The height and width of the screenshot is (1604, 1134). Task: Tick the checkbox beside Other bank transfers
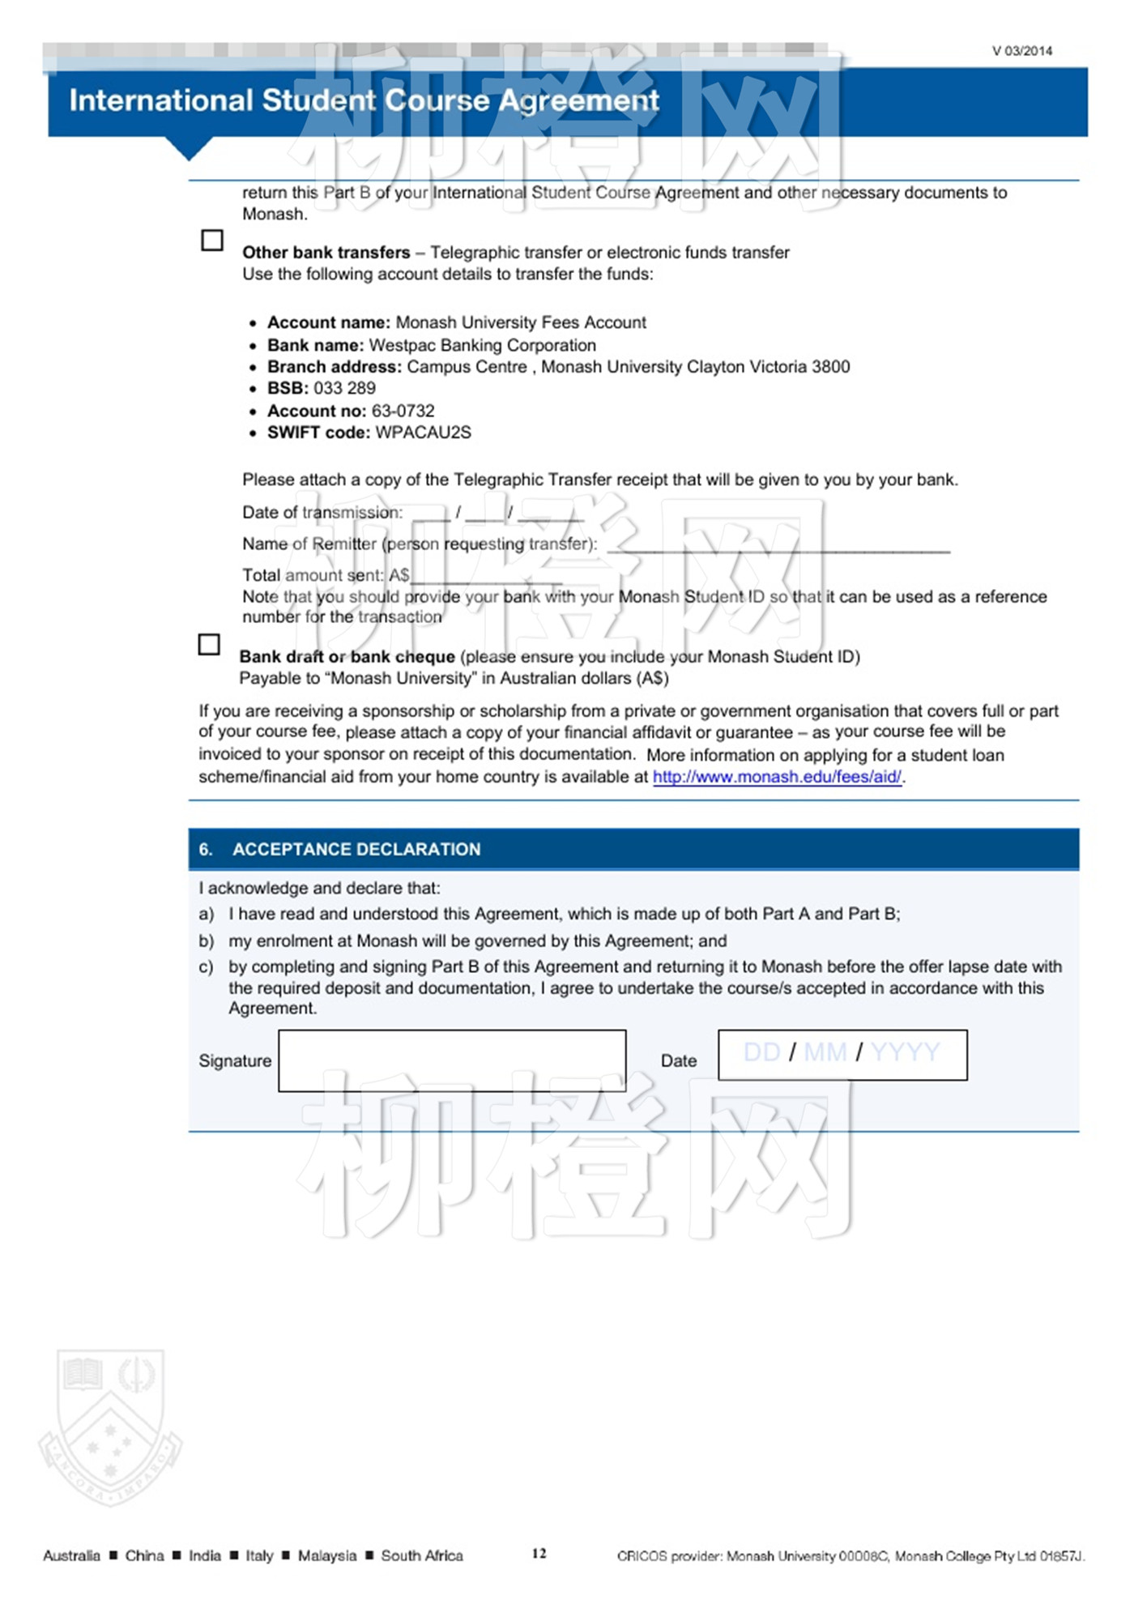pos(211,241)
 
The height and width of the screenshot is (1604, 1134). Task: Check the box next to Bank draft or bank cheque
pos(209,644)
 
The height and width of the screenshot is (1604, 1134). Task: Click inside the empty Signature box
pos(452,1060)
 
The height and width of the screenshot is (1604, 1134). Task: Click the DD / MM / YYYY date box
pos(842,1055)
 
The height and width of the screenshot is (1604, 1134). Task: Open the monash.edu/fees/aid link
pos(777,777)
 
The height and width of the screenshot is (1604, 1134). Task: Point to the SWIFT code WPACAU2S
pos(423,433)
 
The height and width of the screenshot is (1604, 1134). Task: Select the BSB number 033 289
pos(344,388)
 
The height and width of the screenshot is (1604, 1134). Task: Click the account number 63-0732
pos(403,411)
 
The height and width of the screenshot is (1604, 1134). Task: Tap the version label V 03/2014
pos(1022,51)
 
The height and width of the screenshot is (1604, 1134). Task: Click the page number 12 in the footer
pos(539,1553)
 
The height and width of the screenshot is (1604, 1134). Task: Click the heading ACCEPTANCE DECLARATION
pos(356,849)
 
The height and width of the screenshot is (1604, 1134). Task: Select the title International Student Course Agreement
pos(364,100)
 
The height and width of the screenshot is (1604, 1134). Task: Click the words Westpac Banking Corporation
pos(482,345)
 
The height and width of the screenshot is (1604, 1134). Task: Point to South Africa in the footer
pos(422,1555)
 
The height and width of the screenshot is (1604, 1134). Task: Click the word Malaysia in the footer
pos(326,1555)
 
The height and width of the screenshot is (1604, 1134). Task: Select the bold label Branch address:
pos(334,367)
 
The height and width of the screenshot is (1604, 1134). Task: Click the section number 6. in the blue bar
pos(206,849)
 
